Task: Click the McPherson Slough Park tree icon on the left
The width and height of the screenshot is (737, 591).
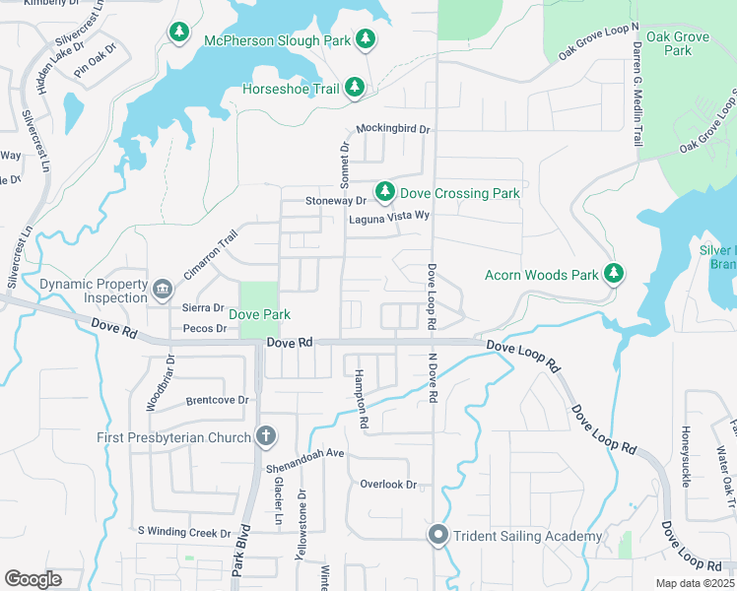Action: click(x=178, y=34)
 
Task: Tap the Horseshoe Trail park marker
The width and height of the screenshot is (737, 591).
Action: click(x=355, y=89)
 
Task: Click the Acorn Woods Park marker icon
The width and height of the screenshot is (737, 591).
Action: click(x=616, y=274)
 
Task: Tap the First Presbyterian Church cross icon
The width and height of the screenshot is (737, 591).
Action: click(x=265, y=436)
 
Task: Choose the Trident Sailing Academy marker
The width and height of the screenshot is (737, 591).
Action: click(x=438, y=536)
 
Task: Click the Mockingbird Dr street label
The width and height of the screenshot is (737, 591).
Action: click(x=393, y=129)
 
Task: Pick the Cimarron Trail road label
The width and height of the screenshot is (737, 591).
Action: click(x=211, y=254)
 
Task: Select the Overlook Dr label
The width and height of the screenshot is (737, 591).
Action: click(x=388, y=485)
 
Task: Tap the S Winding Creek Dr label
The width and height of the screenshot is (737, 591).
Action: click(x=183, y=533)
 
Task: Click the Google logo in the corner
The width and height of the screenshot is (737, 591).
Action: click(x=33, y=578)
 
